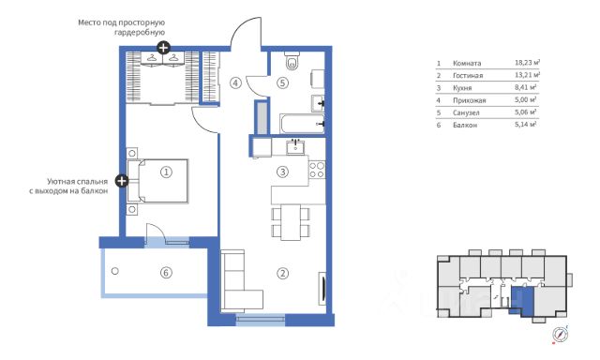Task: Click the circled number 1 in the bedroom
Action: coord(166,172)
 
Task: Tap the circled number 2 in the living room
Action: coord(283,273)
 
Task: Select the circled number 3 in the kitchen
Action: coord(283,172)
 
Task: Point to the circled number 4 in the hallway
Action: coord(235,82)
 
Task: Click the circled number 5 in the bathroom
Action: coord(283,82)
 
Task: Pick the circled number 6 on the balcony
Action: coord(166,273)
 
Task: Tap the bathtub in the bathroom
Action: coord(302,123)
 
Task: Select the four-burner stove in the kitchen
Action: coord(317,170)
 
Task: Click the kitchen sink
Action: coord(295,146)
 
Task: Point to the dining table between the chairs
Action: coord(291,222)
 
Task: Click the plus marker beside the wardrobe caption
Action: coord(164,48)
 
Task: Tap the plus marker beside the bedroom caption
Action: coord(122,181)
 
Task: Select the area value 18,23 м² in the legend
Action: coord(527,62)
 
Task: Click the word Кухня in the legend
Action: coord(462,88)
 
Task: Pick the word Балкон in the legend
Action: coord(465,125)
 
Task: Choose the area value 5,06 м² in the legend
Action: coord(525,112)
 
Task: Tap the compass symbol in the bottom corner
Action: coord(561,335)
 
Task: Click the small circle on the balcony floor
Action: coord(114,271)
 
